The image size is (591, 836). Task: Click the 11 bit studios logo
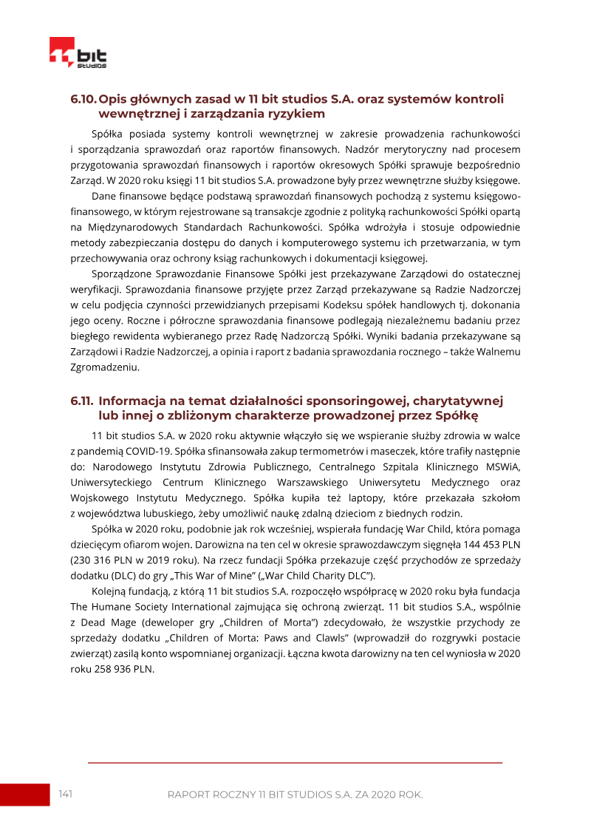click(78, 54)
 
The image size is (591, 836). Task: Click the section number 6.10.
click(83, 99)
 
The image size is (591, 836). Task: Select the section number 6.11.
click(82, 401)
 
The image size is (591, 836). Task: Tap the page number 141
click(65, 794)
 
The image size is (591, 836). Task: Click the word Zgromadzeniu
click(104, 367)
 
